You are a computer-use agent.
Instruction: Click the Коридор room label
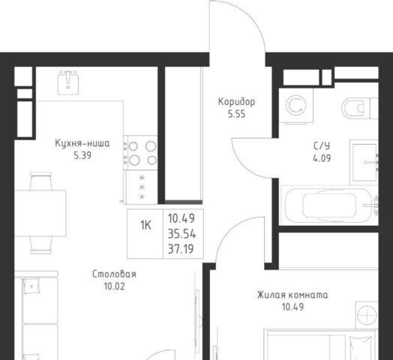(x=236, y=102)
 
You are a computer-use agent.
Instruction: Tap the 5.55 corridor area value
(x=236, y=114)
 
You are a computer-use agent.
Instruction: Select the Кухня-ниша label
(x=82, y=143)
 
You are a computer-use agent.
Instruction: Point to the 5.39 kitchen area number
(x=82, y=156)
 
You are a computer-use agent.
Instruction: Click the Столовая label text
(x=114, y=274)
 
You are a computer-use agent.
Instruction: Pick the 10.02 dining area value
(x=114, y=286)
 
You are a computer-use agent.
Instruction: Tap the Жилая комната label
(x=292, y=295)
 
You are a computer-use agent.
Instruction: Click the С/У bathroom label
(x=322, y=146)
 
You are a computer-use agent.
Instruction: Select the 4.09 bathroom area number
(x=322, y=158)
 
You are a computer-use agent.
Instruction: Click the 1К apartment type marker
(x=145, y=225)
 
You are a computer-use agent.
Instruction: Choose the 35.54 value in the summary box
(x=181, y=234)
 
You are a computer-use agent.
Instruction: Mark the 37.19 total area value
(x=181, y=249)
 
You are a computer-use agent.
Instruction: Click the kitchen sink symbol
(x=68, y=82)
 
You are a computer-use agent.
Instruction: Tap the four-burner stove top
(x=140, y=153)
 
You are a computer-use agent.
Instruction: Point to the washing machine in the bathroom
(x=296, y=106)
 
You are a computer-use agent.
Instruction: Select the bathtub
(x=329, y=205)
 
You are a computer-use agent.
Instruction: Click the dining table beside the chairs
(x=40, y=213)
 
